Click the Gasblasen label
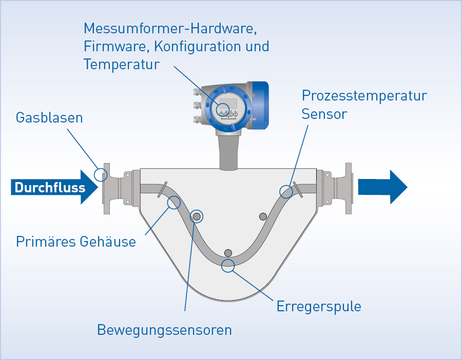tap(49, 117)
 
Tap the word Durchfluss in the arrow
tap(50, 188)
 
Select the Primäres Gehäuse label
tap(76, 241)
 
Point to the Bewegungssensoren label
tap(164, 330)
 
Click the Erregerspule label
tap(319, 307)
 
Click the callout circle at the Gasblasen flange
tap(101, 174)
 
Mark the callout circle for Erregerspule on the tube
tap(228, 265)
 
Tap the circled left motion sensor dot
tap(196, 216)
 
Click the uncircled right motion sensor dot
tap(263, 216)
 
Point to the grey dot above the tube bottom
tap(228, 252)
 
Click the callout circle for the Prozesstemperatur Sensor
tap(286, 192)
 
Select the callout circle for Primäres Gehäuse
tap(174, 202)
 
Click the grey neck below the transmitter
tap(228, 151)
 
